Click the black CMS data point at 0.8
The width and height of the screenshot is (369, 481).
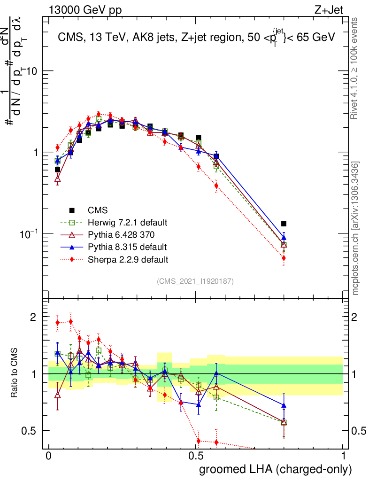[x=284, y=224]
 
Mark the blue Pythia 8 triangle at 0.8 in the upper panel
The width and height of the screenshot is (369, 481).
[x=284, y=238]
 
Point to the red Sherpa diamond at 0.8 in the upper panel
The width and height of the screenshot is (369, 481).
[x=284, y=258]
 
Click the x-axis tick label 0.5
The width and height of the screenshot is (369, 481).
[x=196, y=456]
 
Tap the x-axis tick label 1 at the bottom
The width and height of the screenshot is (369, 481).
[x=343, y=456]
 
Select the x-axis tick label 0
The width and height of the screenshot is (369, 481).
[x=48, y=456]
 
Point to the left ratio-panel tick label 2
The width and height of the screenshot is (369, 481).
[x=33, y=317]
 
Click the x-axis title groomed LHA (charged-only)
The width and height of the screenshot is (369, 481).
[x=276, y=469]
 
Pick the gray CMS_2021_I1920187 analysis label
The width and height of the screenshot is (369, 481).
[x=195, y=281]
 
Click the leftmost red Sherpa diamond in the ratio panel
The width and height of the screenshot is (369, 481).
[x=57, y=323]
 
